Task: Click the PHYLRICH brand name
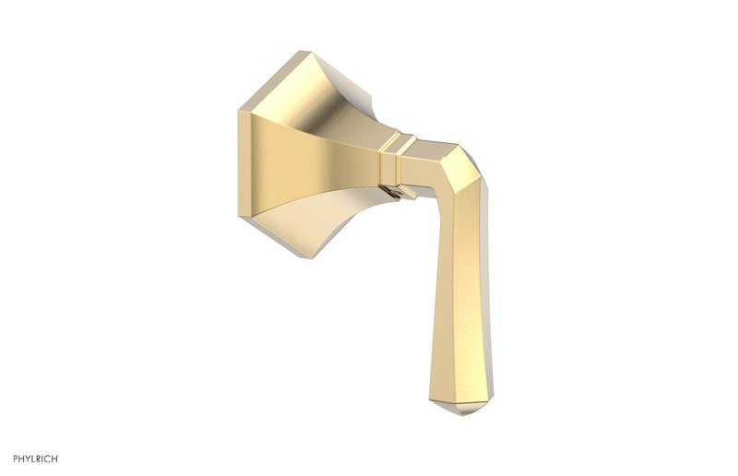pos(36,458)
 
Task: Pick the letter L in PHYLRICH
pos(35,458)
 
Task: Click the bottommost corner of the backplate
pos(312,257)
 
